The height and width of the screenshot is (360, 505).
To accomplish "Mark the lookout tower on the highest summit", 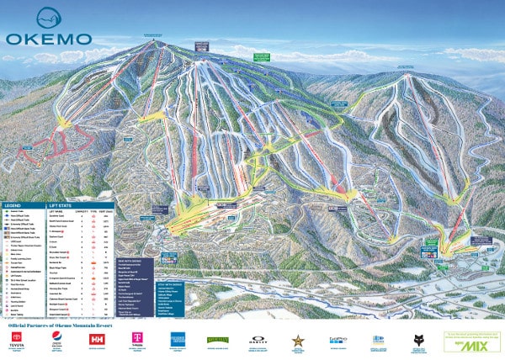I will (x=151, y=40).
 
